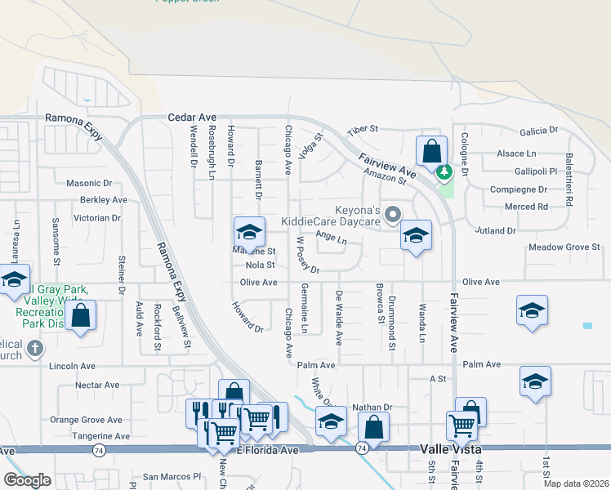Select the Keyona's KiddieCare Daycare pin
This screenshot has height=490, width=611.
393,216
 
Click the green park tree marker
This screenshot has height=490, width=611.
444,172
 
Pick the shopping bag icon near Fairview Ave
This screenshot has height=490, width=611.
431,152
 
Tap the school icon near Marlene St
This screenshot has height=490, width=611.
249,232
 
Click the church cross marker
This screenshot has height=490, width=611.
34,350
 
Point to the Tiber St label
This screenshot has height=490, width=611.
363,130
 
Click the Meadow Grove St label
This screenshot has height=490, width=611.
564,247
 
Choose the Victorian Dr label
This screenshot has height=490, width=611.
97,218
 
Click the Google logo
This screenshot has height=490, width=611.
27,480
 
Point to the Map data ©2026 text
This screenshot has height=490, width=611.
575,483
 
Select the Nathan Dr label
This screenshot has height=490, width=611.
372,407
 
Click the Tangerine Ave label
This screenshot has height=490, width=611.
101,436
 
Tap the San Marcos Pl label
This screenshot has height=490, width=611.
172,476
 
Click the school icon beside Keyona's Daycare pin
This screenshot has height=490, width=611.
416,236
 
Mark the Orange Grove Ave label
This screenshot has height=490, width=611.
86,420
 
